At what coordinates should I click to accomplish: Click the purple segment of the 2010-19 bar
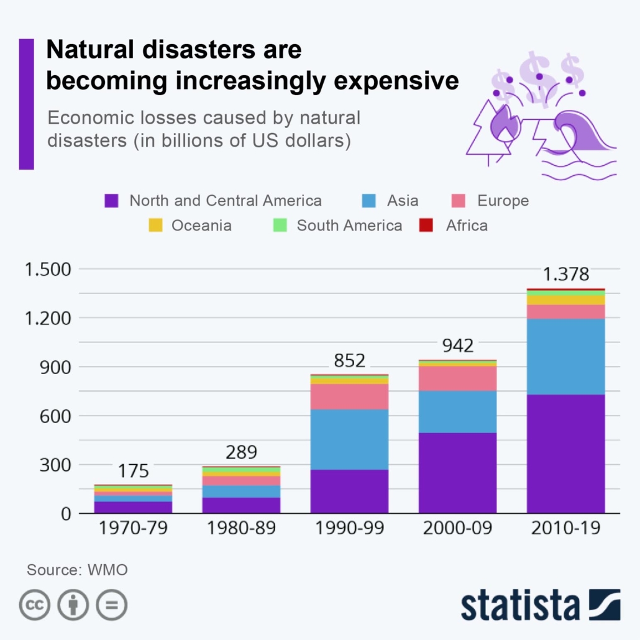[565, 454]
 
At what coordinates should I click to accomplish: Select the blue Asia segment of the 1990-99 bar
[349, 439]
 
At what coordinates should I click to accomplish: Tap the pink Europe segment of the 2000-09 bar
[457, 378]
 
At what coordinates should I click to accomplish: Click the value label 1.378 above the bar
[565, 274]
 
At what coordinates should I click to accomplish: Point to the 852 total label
[349, 360]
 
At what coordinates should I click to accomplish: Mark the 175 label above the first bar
[133, 470]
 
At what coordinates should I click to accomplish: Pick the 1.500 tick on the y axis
[47, 270]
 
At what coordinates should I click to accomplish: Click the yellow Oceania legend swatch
[156, 226]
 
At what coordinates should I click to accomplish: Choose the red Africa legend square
[426, 226]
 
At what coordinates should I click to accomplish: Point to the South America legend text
[349, 226]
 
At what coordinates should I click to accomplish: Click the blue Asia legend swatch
[369, 201]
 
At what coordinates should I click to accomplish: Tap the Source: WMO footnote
[77, 570]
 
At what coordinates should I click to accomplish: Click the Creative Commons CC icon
[35, 605]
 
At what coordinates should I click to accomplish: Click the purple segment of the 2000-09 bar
[457, 472]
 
